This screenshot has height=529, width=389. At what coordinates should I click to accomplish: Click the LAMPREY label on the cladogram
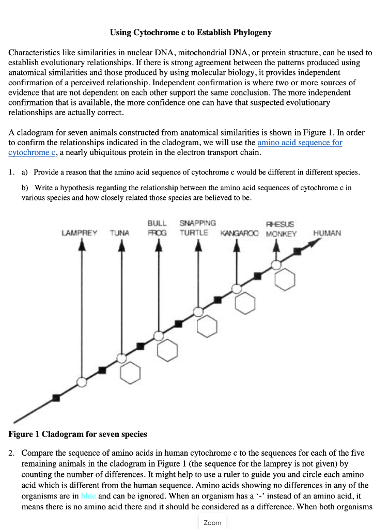click(79, 233)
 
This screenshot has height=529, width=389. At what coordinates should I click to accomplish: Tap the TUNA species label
click(119, 233)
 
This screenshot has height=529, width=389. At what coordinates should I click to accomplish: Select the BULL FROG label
click(157, 228)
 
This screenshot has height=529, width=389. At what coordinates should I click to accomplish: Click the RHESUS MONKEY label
click(281, 229)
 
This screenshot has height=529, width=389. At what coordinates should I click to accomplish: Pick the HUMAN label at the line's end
click(327, 233)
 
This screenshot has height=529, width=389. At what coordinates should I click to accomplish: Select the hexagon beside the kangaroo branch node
click(245, 303)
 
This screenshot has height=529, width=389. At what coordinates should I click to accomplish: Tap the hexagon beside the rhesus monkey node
click(285, 281)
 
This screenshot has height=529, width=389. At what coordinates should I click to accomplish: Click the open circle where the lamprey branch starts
click(81, 382)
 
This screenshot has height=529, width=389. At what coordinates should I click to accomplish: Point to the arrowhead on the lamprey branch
click(81, 246)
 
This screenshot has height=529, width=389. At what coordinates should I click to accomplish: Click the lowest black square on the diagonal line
click(56, 398)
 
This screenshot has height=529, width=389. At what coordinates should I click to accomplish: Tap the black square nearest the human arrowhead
click(297, 252)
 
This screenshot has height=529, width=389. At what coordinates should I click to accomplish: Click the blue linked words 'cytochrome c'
click(32, 152)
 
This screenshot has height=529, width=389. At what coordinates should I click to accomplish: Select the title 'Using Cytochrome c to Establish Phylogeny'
click(191, 33)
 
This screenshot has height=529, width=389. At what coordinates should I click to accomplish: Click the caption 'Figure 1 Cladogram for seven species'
click(78, 434)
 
